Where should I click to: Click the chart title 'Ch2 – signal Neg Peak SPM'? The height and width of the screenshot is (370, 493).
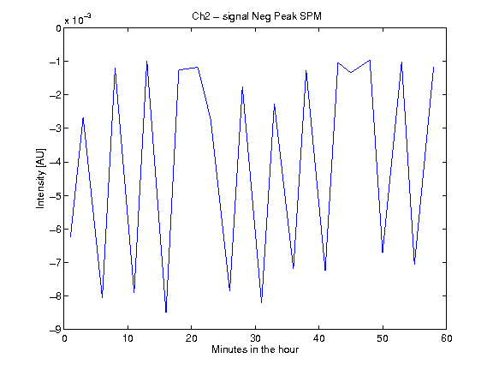click(x=257, y=16)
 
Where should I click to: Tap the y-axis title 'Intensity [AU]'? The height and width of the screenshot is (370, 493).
click(x=41, y=178)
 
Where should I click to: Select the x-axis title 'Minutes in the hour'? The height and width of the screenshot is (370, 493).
click(x=255, y=349)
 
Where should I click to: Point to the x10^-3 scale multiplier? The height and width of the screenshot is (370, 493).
click(x=78, y=19)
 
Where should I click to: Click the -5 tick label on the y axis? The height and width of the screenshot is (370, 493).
click(x=55, y=195)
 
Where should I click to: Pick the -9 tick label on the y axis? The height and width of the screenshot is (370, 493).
click(x=55, y=330)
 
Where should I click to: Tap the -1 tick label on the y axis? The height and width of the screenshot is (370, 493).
click(x=55, y=62)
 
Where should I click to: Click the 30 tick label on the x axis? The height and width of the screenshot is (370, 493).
click(x=255, y=338)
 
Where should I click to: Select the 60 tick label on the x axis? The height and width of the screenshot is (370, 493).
click(x=447, y=338)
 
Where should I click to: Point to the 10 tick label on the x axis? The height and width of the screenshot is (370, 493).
click(x=128, y=338)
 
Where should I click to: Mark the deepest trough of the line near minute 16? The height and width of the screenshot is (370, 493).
click(x=166, y=312)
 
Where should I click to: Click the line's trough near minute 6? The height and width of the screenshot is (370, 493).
click(x=102, y=297)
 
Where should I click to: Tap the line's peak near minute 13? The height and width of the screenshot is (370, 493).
click(x=147, y=62)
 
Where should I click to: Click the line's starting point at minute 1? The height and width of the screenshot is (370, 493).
click(x=70, y=236)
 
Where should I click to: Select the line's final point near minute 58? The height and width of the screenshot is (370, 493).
click(x=434, y=67)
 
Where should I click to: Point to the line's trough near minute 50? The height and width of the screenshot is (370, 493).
click(x=383, y=252)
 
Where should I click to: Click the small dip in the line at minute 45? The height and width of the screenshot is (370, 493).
click(x=351, y=72)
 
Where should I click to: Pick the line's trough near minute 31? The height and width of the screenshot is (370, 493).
click(x=262, y=302)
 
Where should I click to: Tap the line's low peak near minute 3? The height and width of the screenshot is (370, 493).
click(x=83, y=117)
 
